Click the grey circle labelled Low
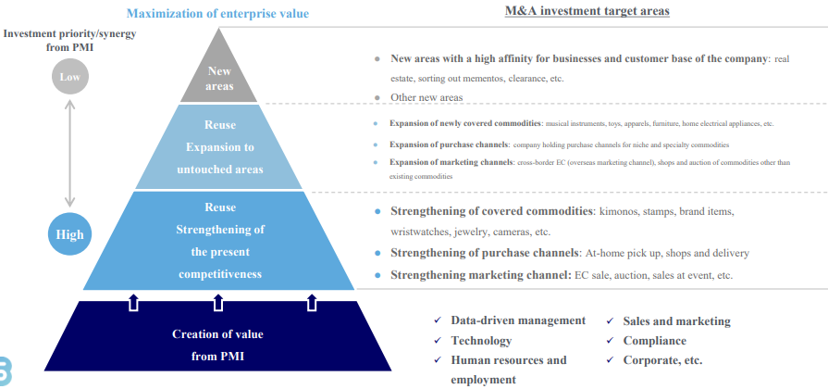coord(70,77)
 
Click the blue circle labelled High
coord(70,234)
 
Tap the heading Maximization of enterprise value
coord(217,14)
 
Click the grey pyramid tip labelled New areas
coord(219,78)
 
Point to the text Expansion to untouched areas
coord(219,157)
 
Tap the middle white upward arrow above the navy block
coord(219,301)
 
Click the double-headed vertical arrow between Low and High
coord(70,155)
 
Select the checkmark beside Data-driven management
coord(438,320)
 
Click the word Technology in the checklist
coord(481,341)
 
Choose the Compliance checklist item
coord(654,341)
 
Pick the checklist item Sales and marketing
coord(676,321)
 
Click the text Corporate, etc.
coord(662,360)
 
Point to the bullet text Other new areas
coord(426,97)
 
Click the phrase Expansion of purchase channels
coord(449,144)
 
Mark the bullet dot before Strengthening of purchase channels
coord(377,253)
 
